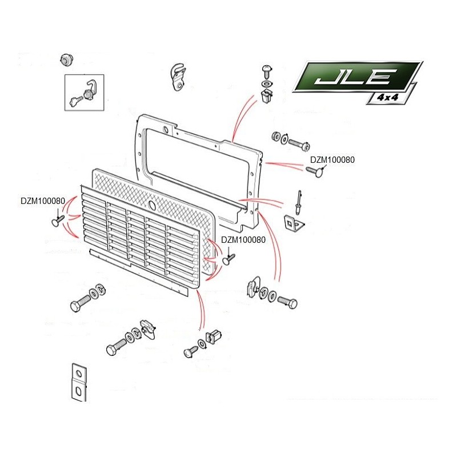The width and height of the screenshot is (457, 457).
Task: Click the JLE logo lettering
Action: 354,77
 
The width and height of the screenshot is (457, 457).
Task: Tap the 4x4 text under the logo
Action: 387,97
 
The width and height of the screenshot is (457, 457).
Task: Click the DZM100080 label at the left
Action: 43,201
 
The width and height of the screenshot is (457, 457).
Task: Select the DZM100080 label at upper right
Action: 332,160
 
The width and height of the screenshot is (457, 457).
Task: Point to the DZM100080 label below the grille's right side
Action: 243,239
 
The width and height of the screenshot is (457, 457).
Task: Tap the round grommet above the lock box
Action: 67,59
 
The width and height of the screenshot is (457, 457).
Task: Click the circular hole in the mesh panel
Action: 152,205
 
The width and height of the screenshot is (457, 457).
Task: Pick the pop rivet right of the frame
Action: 299,202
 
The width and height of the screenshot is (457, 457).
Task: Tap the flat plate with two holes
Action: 79,382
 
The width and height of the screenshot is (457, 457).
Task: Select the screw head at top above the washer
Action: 267,70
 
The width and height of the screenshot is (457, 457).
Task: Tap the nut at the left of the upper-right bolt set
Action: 275,137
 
